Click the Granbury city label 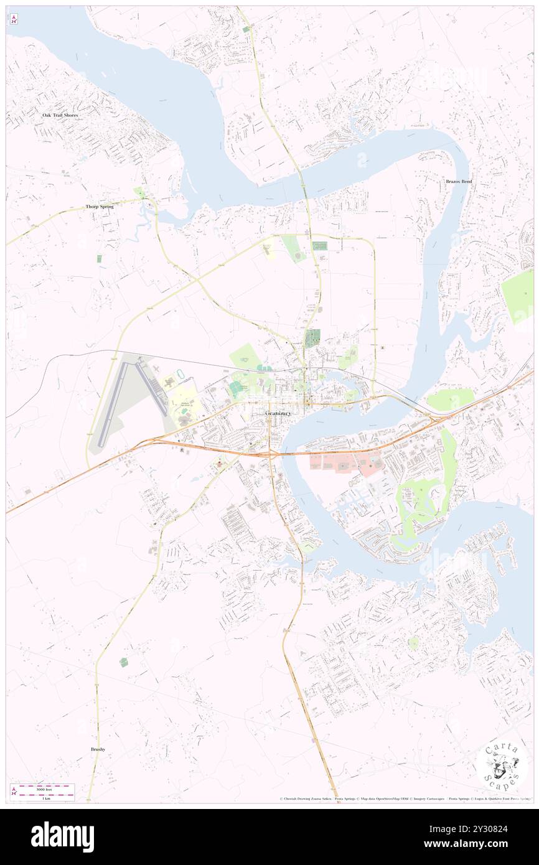tap(278, 413)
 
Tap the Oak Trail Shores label tap(60, 115)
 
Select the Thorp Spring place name tap(100, 206)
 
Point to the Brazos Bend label tap(459, 181)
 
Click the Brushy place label tap(97, 749)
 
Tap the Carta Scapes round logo tap(502, 765)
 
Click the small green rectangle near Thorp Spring tap(98, 258)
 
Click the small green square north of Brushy tap(124, 663)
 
